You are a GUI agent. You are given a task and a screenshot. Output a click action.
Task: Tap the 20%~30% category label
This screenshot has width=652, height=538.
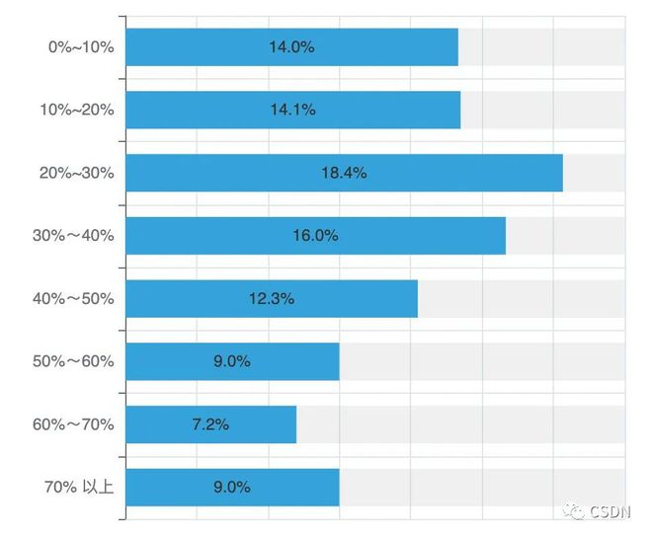(77, 173)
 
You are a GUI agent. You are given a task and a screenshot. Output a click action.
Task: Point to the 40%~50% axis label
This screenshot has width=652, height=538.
(74, 298)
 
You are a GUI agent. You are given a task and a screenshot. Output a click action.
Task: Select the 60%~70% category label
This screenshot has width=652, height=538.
(74, 424)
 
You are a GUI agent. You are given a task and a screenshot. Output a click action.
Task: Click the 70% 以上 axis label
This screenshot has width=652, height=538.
(78, 487)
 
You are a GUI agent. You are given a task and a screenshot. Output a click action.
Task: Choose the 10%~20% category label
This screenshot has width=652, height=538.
(77, 110)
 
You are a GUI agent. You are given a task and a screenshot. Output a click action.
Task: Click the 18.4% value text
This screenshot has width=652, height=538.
(344, 173)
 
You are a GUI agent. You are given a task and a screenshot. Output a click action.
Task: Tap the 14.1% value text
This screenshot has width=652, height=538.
(292, 110)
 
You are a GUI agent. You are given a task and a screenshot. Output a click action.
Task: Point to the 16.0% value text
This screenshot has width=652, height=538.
(315, 236)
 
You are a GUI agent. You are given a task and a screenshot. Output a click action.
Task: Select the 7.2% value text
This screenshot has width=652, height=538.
(209, 424)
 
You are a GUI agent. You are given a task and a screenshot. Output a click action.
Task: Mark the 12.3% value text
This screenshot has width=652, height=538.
(271, 298)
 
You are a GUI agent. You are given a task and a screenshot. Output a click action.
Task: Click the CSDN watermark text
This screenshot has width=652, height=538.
(613, 511)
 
